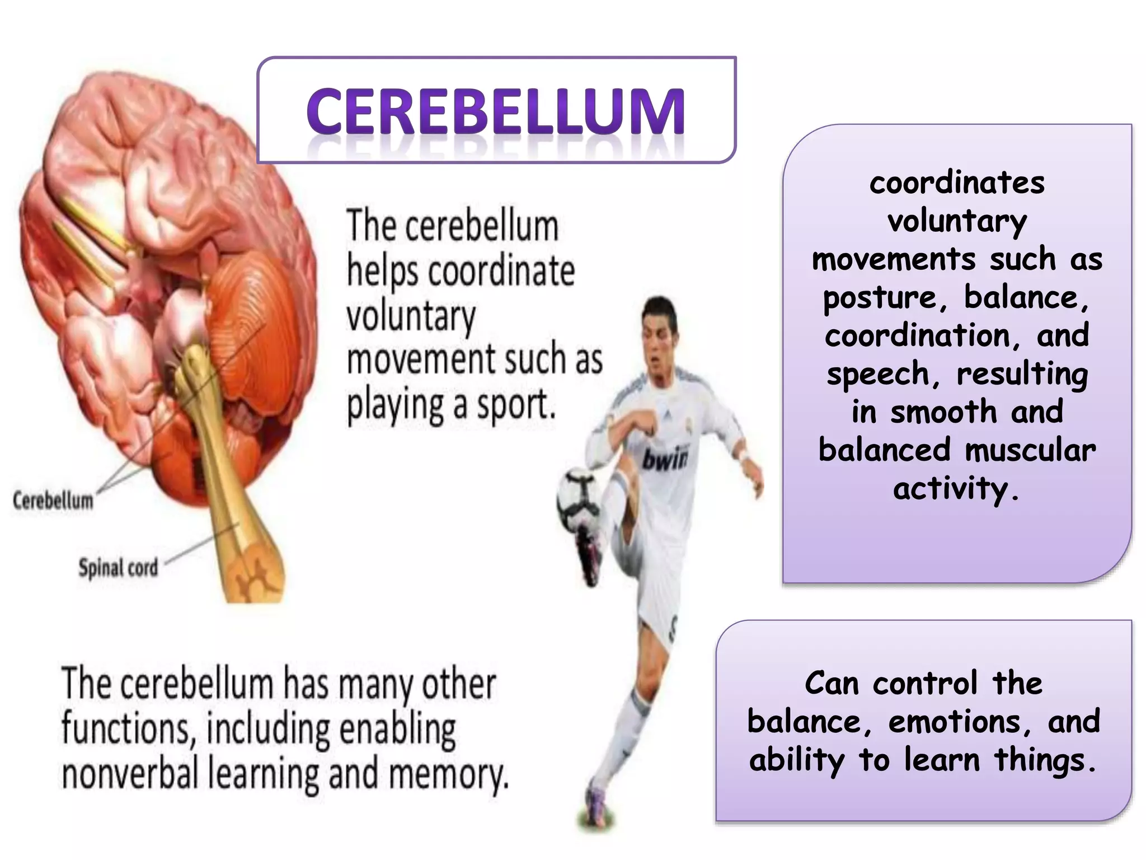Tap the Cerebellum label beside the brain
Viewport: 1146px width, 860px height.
point(53,500)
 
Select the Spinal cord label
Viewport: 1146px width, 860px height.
point(118,568)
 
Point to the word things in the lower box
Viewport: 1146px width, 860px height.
point(1044,760)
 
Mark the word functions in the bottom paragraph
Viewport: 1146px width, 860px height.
point(128,729)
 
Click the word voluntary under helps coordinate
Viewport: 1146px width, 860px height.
point(411,316)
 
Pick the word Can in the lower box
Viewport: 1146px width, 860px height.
point(832,684)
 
